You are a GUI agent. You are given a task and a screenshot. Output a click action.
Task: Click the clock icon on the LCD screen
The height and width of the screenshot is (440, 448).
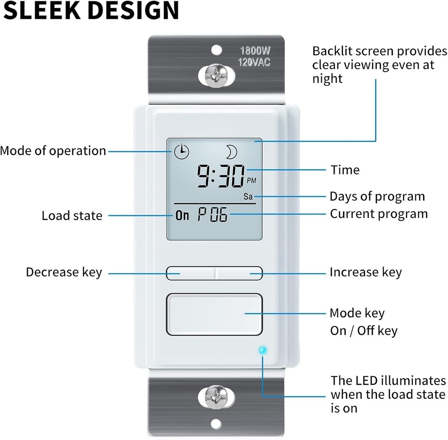coord(182,152)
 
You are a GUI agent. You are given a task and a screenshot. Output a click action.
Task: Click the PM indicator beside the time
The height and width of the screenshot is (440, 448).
coord(251,180)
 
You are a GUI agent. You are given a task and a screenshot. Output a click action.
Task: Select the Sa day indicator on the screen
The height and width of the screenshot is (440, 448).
coord(248,196)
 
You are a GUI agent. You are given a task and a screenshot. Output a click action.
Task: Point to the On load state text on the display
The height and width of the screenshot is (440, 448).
coord(182,215)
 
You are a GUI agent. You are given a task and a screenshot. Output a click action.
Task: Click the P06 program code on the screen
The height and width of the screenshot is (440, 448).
coord(213,214)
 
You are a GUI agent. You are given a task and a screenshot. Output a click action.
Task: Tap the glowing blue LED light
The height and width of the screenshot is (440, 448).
coord(263,350)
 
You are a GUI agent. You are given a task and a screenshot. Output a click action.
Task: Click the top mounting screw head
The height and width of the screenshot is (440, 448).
coord(216,76)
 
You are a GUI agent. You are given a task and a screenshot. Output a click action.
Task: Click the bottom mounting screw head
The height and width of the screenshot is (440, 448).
coord(216,397)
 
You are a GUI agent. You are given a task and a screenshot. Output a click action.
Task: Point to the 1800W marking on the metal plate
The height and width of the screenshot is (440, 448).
coord(255,51)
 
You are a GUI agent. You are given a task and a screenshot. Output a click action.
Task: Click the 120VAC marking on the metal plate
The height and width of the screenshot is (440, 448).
coord(254,62)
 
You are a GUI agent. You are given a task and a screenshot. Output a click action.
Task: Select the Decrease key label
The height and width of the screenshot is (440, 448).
coord(64,272)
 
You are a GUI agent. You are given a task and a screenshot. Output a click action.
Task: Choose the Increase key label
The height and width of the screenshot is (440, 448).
coord(366,272)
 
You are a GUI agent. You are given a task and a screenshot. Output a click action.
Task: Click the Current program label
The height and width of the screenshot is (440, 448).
coord(379,214)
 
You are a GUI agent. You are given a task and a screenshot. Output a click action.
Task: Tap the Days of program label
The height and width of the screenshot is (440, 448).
coord(377,197)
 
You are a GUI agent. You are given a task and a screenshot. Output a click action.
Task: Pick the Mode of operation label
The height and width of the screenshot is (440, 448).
coord(53,151)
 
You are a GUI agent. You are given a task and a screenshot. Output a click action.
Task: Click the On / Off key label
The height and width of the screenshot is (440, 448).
coord(364,331)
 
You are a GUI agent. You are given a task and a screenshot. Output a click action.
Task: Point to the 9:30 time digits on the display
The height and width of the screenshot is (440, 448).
coord(221,176)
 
